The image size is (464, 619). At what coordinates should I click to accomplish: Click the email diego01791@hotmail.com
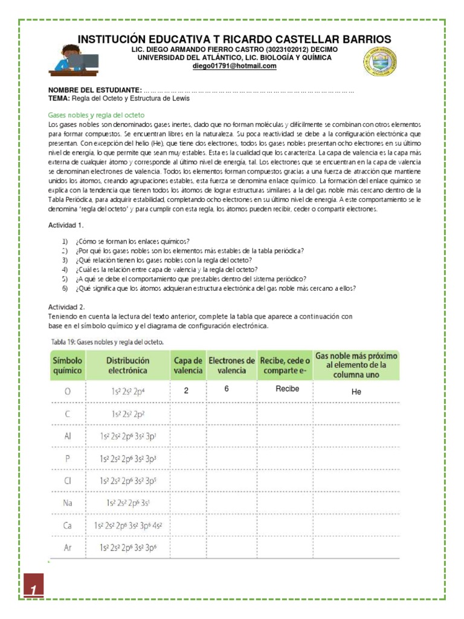234,66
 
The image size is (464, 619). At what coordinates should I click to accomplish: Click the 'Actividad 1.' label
66,225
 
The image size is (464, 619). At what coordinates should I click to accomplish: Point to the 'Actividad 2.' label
66,307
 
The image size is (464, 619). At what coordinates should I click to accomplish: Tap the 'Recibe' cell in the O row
287,389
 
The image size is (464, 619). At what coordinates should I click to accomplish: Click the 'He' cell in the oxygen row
356,392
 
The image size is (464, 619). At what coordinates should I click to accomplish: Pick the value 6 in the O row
226,389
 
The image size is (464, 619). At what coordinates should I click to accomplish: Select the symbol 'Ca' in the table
67,525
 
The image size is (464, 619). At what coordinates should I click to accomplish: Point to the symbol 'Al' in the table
67,435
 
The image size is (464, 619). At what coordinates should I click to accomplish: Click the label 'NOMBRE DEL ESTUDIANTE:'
95,89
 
